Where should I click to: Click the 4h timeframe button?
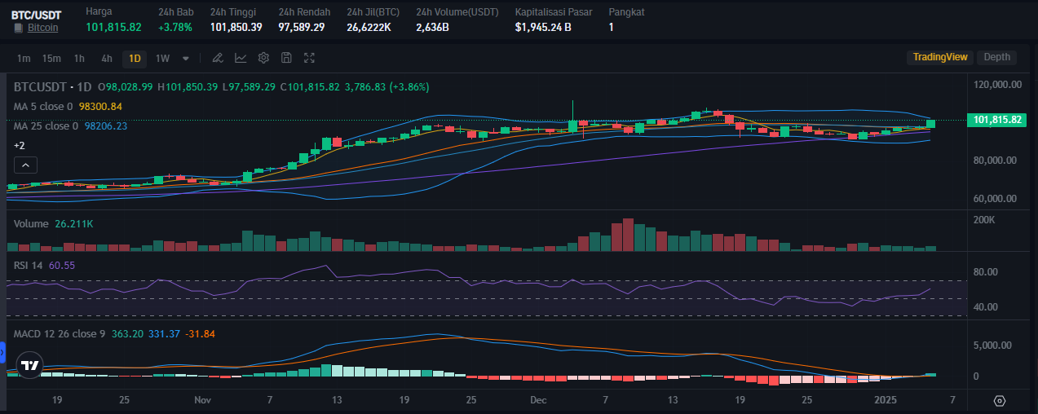(x=107, y=58)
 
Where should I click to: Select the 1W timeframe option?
(x=162, y=58)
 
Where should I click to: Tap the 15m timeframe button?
(x=51, y=58)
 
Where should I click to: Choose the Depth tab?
(x=996, y=57)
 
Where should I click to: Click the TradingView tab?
(x=939, y=57)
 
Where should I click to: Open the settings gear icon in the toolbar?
(x=263, y=58)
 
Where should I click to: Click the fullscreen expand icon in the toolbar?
(x=309, y=58)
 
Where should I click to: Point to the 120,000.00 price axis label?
(x=999, y=85)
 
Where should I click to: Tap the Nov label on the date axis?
(x=203, y=400)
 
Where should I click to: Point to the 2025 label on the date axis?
(x=885, y=400)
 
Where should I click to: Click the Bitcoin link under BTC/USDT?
(x=42, y=28)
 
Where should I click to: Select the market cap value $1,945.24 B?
(x=543, y=27)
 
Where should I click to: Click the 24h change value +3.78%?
(x=175, y=27)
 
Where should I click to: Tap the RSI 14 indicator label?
(x=29, y=266)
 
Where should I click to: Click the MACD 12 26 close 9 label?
(x=60, y=333)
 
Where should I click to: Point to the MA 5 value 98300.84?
(x=100, y=106)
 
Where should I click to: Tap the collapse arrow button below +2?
(x=25, y=165)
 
